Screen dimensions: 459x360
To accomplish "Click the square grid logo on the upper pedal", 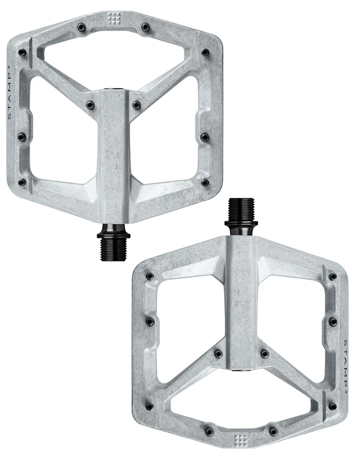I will coord(113,18).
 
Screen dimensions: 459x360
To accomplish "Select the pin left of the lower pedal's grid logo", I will coord(209,431).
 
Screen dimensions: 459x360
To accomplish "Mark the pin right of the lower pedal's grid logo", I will coord(274,431).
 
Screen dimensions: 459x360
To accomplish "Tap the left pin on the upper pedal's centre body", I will coord(90,105).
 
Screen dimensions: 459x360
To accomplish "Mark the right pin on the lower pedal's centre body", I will coord(264,354).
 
